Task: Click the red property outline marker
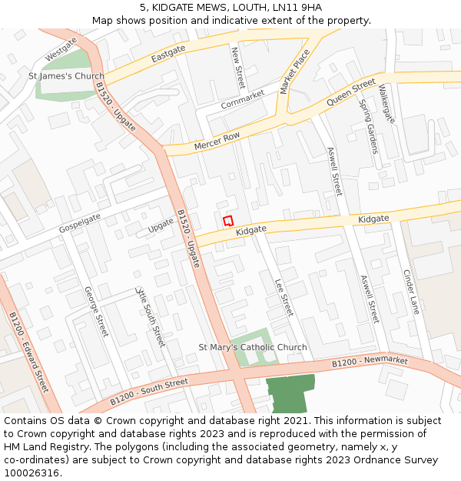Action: click(228, 220)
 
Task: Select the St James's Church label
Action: click(66, 76)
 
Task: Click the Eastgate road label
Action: click(168, 53)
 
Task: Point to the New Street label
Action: click(237, 67)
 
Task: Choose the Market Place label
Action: click(295, 71)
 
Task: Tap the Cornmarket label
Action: click(242, 99)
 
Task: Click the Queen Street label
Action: click(351, 92)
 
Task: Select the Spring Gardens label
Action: click(369, 126)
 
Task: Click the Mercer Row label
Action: click(217, 142)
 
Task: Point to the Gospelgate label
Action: click(80, 224)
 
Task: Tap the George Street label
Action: click(96, 311)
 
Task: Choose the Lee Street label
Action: click(284, 297)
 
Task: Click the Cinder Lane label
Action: click(412, 292)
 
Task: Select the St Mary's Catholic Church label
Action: click(253, 347)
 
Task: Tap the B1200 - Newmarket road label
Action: click(370, 361)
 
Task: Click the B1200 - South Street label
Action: click(148, 391)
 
